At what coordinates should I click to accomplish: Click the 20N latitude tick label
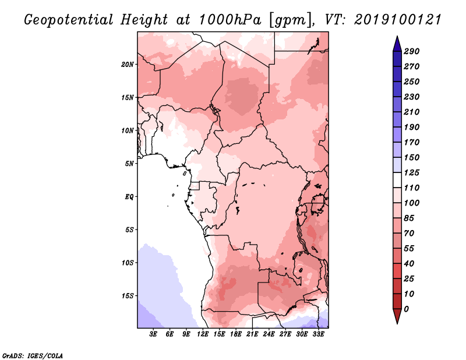pyautogui.click(x=128, y=64)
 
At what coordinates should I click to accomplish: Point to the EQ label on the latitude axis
pyautogui.click(x=129, y=196)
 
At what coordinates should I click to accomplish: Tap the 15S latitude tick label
pyautogui.click(x=128, y=295)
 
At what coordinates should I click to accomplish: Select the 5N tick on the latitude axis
pyautogui.click(x=129, y=164)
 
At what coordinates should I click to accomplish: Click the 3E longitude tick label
pyautogui.click(x=154, y=334)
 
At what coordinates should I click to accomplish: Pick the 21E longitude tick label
pyautogui.click(x=253, y=334)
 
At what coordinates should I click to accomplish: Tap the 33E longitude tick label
pyautogui.click(x=319, y=334)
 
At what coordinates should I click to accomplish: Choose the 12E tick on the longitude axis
pyautogui.click(x=203, y=334)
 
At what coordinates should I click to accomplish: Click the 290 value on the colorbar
pyautogui.click(x=411, y=51)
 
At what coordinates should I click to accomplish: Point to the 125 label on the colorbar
pyautogui.click(x=411, y=172)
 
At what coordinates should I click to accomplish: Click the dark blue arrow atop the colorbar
pyautogui.click(x=396, y=43)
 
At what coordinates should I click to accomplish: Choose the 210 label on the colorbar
pyautogui.click(x=411, y=112)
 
